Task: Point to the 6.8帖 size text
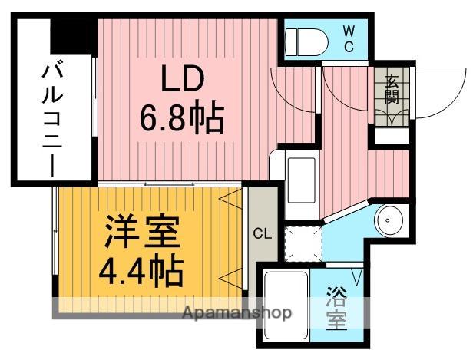click(181, 119)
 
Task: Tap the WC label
click(348, 38)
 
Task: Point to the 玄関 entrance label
click(392, 89)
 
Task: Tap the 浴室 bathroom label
click(335, 306)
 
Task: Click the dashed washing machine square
click(301, 243)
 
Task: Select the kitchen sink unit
click(300, 179)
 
